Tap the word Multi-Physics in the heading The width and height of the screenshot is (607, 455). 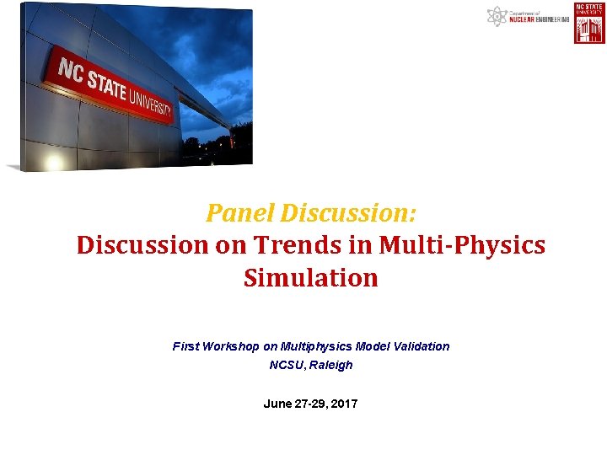pyautogui.click(x=463, y=245)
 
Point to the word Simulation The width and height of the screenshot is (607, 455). pyautogui.click(x=310, y=277)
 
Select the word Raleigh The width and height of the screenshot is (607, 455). pyautogui.click(x=331, y=365)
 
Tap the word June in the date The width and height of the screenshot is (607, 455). pyautogui.click(x=277, y=404)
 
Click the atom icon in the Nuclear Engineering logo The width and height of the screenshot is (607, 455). pyautogui.click(x=497, y=16)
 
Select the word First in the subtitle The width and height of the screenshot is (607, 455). pyautogui.click(x=185, y=346)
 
